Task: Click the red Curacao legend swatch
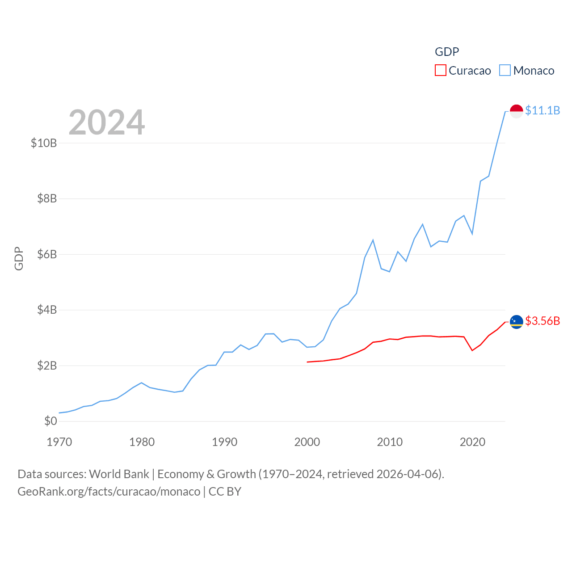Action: click(440, 71)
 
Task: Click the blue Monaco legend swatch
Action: click(505, 71)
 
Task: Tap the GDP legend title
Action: click(447, 52)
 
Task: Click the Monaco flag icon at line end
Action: click(516, 111)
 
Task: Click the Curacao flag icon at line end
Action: click(516, 322)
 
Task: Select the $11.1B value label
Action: click(543, 110)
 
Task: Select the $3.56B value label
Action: click(543, 321)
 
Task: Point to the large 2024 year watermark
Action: click(107, 122)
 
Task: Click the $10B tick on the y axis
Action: click(44, 143)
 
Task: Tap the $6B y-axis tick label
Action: click(47, 254)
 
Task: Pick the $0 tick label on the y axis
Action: click(50, 421)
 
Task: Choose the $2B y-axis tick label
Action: click(47, 366)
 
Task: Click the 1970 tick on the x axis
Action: click(59, 442)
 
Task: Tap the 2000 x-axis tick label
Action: click(307, 442)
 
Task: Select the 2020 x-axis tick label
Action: click(472, 442)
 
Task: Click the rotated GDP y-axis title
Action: click(19, 258)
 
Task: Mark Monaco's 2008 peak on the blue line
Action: click(373, 240)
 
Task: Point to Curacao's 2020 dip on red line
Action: click(472, 350)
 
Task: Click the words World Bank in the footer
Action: click(119, 474)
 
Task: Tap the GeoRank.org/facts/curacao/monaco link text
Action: click(109, 492)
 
